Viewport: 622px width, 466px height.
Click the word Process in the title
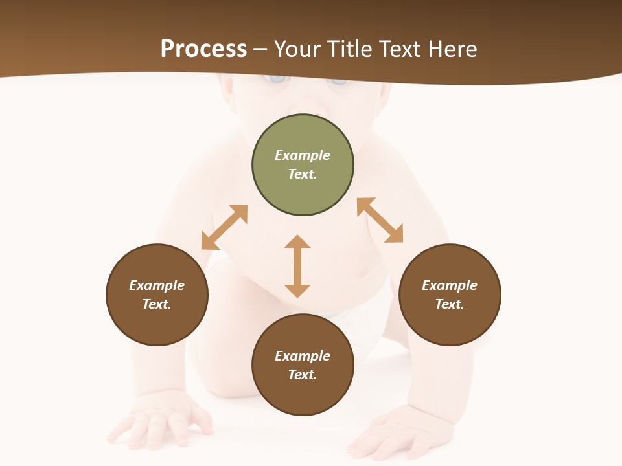(x=203, y=49)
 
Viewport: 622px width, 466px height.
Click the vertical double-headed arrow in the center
(x=297, y=266)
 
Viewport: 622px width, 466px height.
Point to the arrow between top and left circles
(x=224, y=227)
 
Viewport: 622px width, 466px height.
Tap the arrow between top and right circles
(x=380, y=220)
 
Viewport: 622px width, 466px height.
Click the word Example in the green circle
(x=303, y=155)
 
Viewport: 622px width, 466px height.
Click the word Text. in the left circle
(x=157, y=304)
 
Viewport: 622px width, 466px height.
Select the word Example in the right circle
(x=450, y=285)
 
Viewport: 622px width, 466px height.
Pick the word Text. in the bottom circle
(x=303, y=375)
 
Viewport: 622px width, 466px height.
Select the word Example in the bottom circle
(x=303, y=356)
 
